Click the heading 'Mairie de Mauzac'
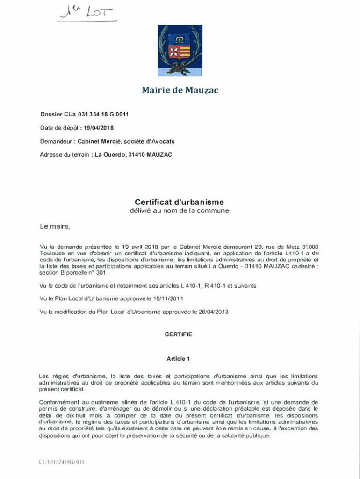click(180, 90)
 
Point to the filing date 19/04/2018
click(99, 128)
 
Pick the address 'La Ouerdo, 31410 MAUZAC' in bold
click(133, 154)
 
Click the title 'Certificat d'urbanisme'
click(180, 202)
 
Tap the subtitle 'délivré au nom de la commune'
click(180, 211)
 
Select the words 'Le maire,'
click(55, 227)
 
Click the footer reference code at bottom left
click(61, 462)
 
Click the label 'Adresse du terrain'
click(65, 154)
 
